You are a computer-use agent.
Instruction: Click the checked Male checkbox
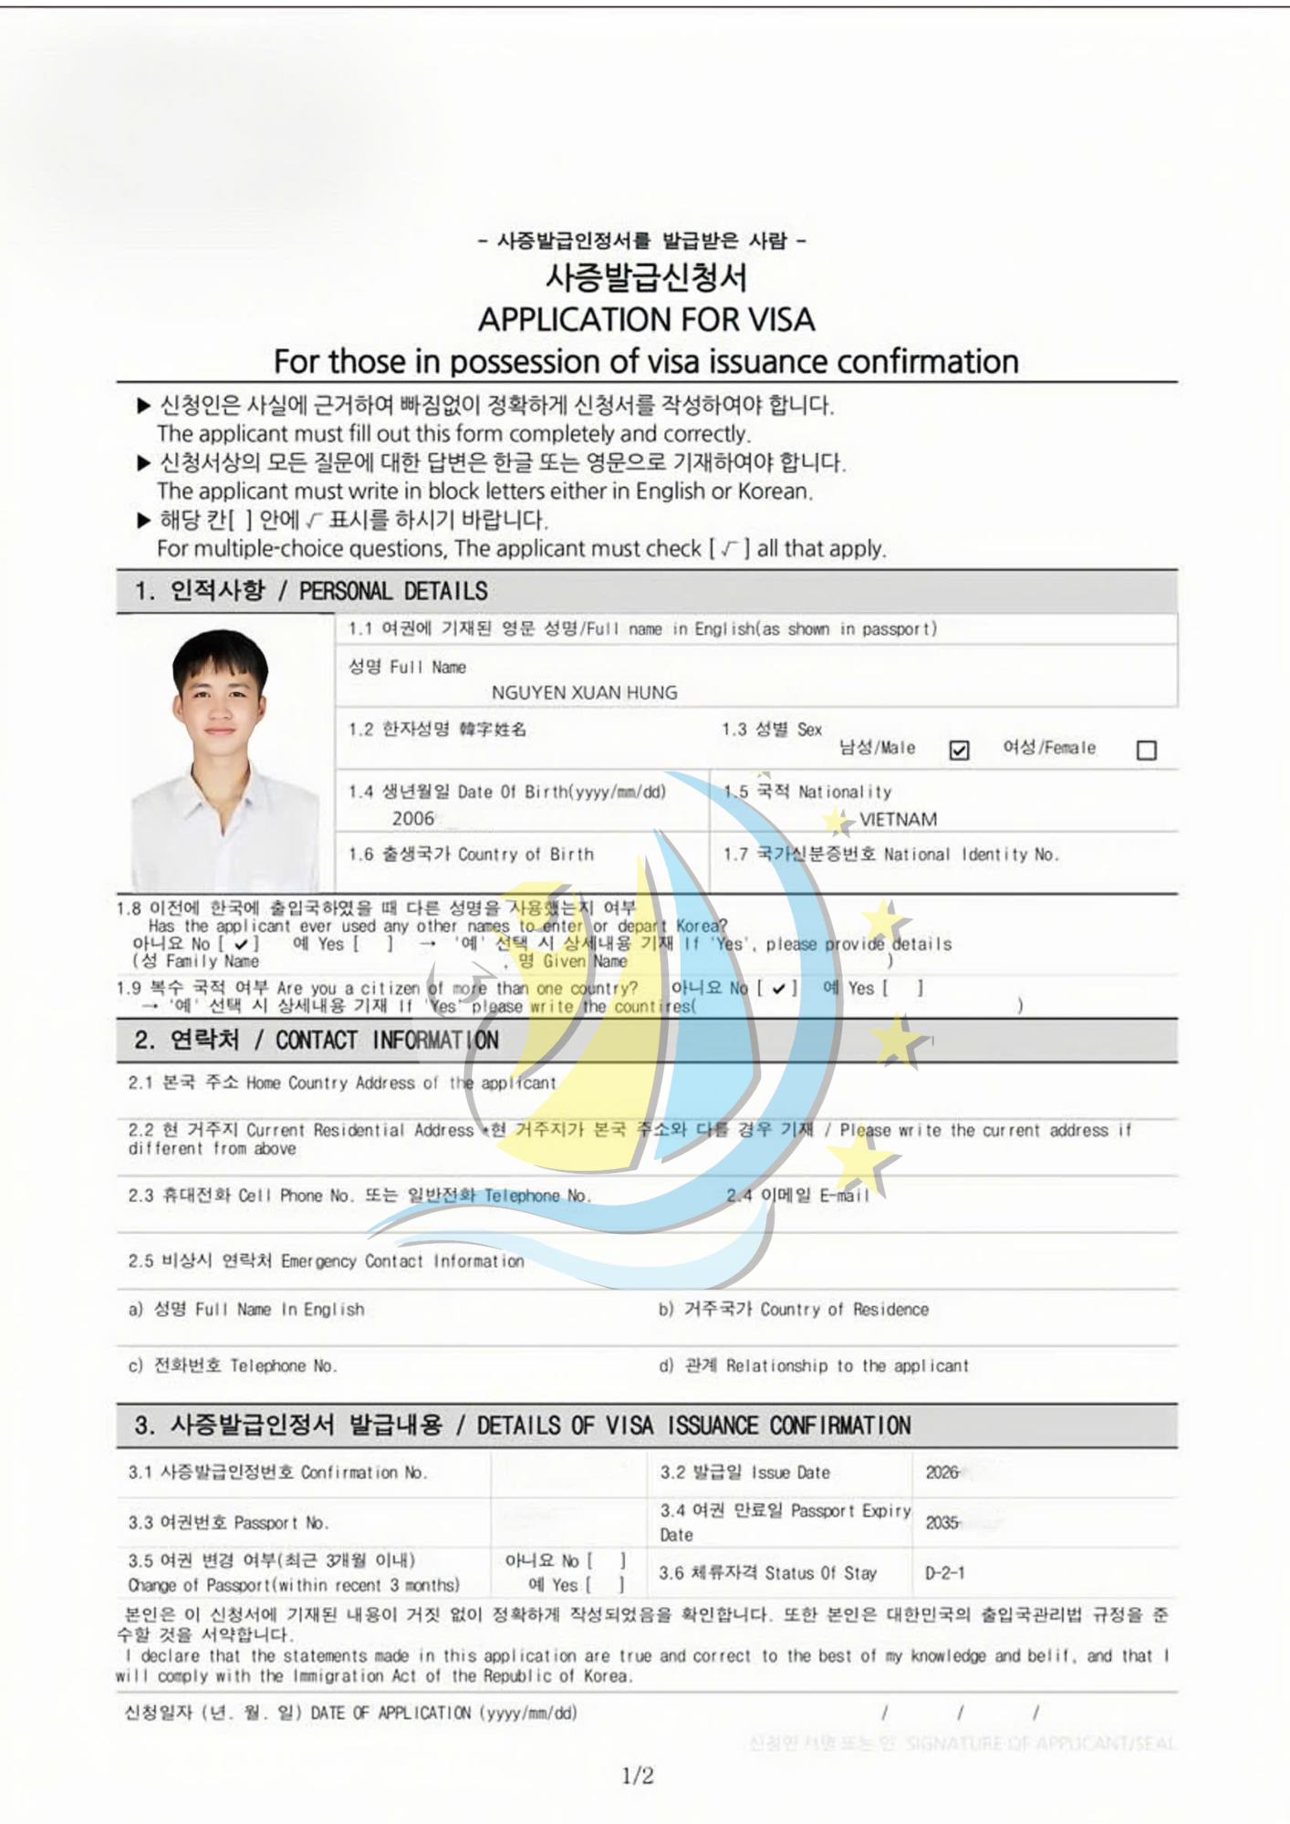(x=959, y=751)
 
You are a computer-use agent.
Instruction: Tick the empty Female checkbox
(x=1147, y=751)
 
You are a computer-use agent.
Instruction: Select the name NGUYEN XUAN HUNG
(x=584, y=692)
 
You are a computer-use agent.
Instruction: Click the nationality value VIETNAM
(x=898, y=819)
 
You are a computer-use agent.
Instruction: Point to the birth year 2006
(x=413, y=818)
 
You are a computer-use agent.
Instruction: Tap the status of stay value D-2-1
(x=944, y=1572)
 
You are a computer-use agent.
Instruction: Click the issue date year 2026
(x=941, y=1472)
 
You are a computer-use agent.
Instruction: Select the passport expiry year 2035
(x=941, y=1522)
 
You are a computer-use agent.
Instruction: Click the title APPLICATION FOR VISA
(x=646, y=319)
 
